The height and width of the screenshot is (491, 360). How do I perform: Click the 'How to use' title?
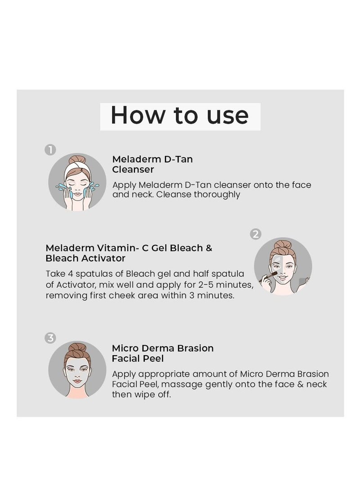point(180,116)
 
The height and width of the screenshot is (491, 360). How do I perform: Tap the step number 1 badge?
point(50,150)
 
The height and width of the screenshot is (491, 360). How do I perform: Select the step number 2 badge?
point(256,234)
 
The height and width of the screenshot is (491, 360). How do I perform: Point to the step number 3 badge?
point(50,338)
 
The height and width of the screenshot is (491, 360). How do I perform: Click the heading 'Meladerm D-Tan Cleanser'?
point(152,164)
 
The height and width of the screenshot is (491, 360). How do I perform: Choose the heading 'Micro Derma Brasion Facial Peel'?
point(162,353)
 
